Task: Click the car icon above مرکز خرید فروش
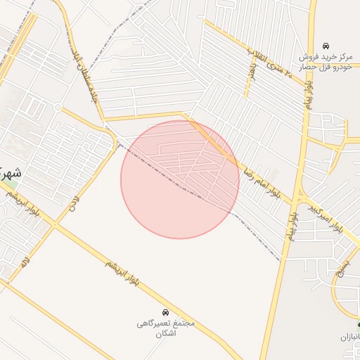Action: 325,45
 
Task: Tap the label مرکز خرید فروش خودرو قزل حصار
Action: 325,61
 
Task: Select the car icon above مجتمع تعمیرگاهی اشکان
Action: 165,311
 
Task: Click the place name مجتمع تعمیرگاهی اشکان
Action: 165,328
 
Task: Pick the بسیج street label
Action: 342,268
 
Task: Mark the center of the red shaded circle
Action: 180,179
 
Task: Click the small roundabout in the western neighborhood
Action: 58,107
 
